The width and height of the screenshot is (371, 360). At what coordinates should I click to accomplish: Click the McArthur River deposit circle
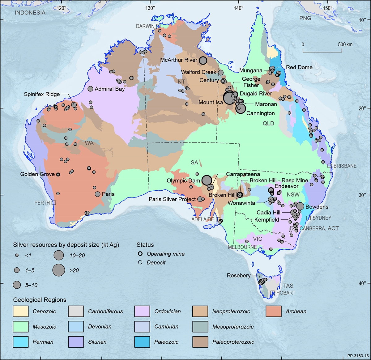coord(203,61)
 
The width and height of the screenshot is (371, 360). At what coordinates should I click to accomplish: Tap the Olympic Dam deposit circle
coord(207,180)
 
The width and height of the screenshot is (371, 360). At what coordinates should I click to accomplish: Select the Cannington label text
coord(260,113)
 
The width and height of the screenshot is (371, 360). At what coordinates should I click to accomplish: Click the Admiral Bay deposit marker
coord(90,89)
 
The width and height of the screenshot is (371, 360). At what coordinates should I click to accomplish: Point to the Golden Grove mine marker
coord(58,174)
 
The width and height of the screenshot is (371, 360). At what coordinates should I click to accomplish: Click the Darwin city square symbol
coord(158,26)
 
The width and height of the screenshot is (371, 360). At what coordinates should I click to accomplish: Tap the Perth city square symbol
coord(54,203)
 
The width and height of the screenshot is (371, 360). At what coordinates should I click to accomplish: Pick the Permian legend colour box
coord(21,342)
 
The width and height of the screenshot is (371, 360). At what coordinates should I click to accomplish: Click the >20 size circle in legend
coord(58,270)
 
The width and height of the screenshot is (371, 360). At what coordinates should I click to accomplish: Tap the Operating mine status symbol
coord(140,254)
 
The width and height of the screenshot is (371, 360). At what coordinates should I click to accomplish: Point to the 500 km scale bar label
coord(345,44)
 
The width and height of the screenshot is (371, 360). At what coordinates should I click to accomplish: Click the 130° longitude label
coord(150,8)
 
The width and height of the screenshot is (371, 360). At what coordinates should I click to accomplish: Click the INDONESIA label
coord(30,13)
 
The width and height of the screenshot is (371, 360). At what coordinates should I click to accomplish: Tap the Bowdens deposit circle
coord(300,206)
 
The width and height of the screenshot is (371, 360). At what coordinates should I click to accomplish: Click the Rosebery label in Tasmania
coord(238,275)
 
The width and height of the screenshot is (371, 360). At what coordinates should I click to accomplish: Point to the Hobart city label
coord(286,293)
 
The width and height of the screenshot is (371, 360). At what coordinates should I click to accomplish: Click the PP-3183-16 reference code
coord(358,356)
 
